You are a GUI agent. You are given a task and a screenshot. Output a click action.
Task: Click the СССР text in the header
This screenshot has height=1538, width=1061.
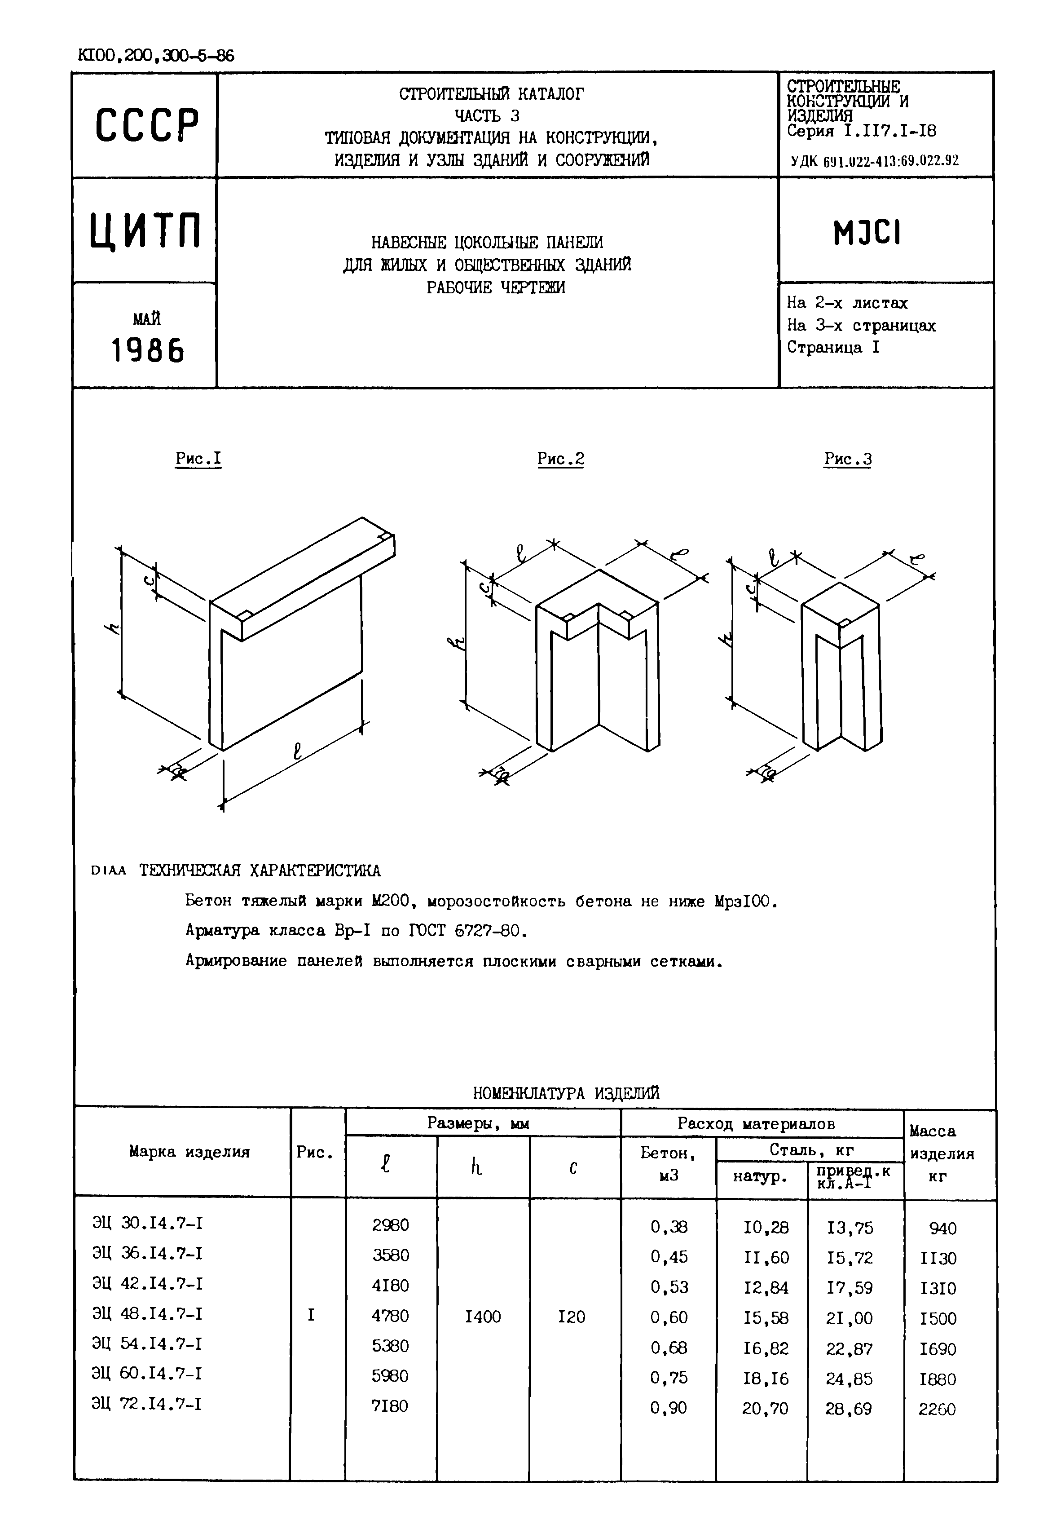pos(147,125)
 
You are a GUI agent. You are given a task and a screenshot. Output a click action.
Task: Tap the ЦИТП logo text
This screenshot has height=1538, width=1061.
pos(145,230)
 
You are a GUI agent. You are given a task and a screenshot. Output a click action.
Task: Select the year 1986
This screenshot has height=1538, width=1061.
pos(147,350)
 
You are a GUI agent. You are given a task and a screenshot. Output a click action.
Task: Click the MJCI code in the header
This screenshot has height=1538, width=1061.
pos(867,233)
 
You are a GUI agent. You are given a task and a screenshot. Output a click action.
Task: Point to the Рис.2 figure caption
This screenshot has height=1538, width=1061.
pos(560,459)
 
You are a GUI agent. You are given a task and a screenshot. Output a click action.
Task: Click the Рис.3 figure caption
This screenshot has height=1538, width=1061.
pos(848,459)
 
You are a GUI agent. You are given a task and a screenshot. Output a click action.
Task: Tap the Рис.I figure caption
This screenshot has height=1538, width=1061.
pos(198,459)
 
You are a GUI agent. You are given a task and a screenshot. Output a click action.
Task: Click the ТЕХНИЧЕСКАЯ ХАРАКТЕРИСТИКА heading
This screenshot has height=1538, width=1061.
pos(260,871)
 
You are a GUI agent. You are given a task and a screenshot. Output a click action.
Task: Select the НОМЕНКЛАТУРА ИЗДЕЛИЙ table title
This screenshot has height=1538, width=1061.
pos(566,1093)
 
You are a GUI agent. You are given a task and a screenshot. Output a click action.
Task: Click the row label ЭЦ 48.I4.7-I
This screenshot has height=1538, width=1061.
pos(147,1313)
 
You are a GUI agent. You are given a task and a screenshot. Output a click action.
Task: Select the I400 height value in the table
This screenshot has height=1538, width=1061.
pos(483,1317)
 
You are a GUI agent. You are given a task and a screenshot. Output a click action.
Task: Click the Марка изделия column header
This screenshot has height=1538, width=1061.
pos(189,1152)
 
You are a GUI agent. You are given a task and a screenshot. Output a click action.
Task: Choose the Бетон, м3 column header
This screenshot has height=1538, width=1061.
pos(668,1164)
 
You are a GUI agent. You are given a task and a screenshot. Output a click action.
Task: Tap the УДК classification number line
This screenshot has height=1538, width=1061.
pos(874,160)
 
